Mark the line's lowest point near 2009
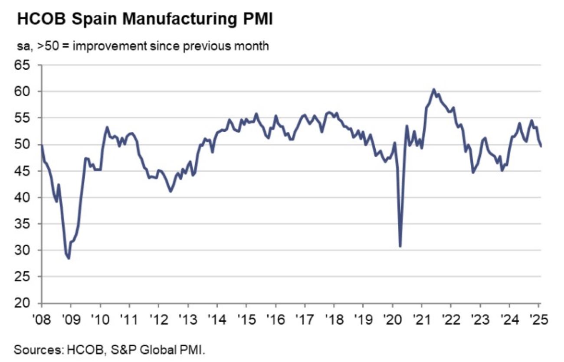(x=69, y=258)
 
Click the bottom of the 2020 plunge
(x=400, y=246)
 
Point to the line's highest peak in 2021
(x=433, y=89)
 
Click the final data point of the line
(x=541, y=146)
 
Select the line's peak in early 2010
(x=107, y=127)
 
